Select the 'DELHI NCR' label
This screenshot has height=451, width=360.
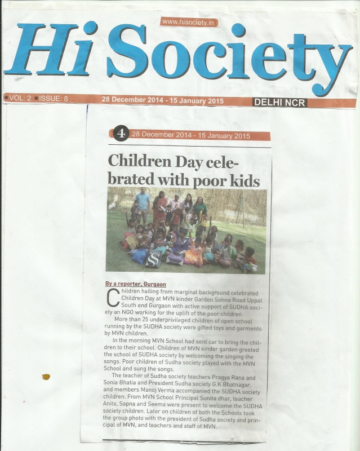coord(279,102)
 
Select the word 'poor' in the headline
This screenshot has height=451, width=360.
coord(214,182)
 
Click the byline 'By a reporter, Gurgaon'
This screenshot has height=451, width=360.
coord(135,284)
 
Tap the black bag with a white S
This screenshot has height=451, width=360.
coord(153,259)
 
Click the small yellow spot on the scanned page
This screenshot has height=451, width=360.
coord(46,377)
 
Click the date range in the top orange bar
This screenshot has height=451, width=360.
coord(162,100)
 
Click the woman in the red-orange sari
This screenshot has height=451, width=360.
coord(159,209)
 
